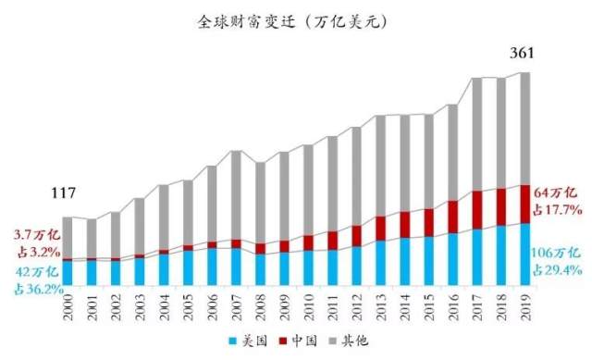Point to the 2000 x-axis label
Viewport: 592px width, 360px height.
[x=68, y=304]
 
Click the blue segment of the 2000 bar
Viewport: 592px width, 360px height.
[x=68, y=273]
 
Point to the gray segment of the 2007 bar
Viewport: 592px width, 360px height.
[x=236, y=194]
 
